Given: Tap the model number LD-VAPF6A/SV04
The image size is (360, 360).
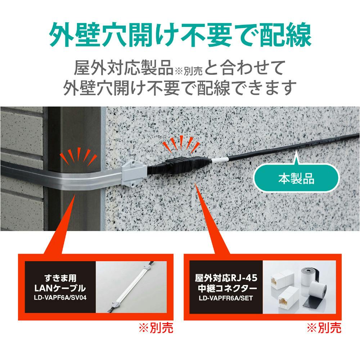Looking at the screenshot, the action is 60,298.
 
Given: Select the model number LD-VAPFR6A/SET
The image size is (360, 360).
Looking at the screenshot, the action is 226,298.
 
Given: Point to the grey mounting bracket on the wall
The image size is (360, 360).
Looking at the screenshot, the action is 134,173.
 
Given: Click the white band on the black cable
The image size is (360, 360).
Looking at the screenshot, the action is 220,160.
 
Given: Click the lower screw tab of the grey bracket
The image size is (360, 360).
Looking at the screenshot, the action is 134,184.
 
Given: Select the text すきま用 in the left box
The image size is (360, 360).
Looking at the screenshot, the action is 60,278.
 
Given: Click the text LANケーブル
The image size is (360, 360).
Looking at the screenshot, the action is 60,288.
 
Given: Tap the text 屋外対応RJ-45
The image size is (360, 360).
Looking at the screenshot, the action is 226,278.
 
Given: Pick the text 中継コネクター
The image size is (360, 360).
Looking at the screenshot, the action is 226,288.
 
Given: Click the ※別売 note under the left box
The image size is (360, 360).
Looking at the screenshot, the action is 156,328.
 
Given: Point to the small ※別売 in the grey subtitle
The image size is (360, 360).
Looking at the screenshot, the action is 189,71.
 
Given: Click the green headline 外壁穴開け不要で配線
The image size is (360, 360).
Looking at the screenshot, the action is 180,35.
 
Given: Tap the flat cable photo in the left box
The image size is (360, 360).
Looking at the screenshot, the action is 131,287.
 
